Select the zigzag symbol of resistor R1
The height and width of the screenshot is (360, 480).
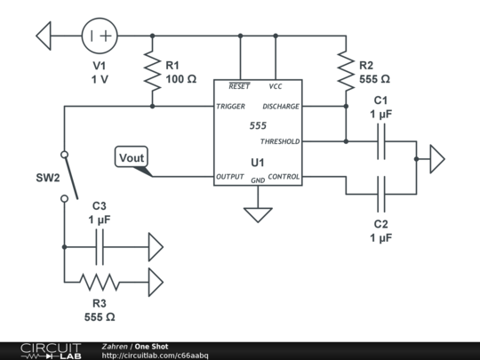click(152, 71)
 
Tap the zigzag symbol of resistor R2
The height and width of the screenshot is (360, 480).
click(346, 71)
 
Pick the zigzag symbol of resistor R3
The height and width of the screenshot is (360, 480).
click(100, 282)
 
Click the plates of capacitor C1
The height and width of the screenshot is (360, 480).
click(381, 141)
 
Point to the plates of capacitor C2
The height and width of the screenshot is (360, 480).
click(381, 194)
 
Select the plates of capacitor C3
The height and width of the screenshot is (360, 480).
click(100, 247)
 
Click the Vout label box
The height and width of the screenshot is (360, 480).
click(132, 156)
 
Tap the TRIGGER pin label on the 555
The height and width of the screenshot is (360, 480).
click(230, 107)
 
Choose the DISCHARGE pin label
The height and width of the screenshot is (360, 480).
click(281, 107)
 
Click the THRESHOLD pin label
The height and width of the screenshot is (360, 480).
click(280, 141)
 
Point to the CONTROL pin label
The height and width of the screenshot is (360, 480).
click(284, 177)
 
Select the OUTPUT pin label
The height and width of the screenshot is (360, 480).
click(230, 177)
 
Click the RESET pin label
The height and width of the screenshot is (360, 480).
click(239, 86)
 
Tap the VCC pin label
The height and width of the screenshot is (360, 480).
click(276, 86)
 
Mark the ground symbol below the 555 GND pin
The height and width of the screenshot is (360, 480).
click(258, 215)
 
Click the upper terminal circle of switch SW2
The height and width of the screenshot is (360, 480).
click(64, 155)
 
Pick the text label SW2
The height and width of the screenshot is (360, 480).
click(48, 178)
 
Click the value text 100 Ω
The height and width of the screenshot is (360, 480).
click(181, 79)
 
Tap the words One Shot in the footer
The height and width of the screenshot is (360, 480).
click(151, 347)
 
